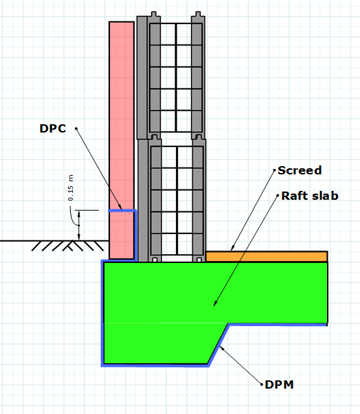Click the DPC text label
pyautogui.click(x=53, y=128)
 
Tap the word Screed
pyautogui.click(x=300, y=170)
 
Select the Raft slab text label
pyautogui.click(x=310, y=196)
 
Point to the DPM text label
pyautogui.click(x=279, y=384)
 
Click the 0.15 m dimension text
pyautogui.click(x=71, y=187)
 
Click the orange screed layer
pyautogui.click(x=267, y=257)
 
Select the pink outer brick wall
pyautogui.click(x=122, y=140)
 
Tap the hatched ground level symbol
pyautogui.click(x=68, y=246)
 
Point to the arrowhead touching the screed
pyautogui.click(x=232, y=248)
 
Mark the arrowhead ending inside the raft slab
pyautogui.click(x=215, y=303)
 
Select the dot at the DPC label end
pyautogui.click(x=76, y=128)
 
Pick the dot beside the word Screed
pyautogui.click(x=274, y=170)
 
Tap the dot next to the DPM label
pyautogui.click(x=262, y=384)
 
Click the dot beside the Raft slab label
pyautogui.click(x=278, y=196)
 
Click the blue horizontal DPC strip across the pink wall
pyautogui.click(x=122, y=211)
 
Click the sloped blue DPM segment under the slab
pyautogui.click(x=218, y=345)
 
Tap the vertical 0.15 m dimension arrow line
pyautogui.click(x=79, y=225)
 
